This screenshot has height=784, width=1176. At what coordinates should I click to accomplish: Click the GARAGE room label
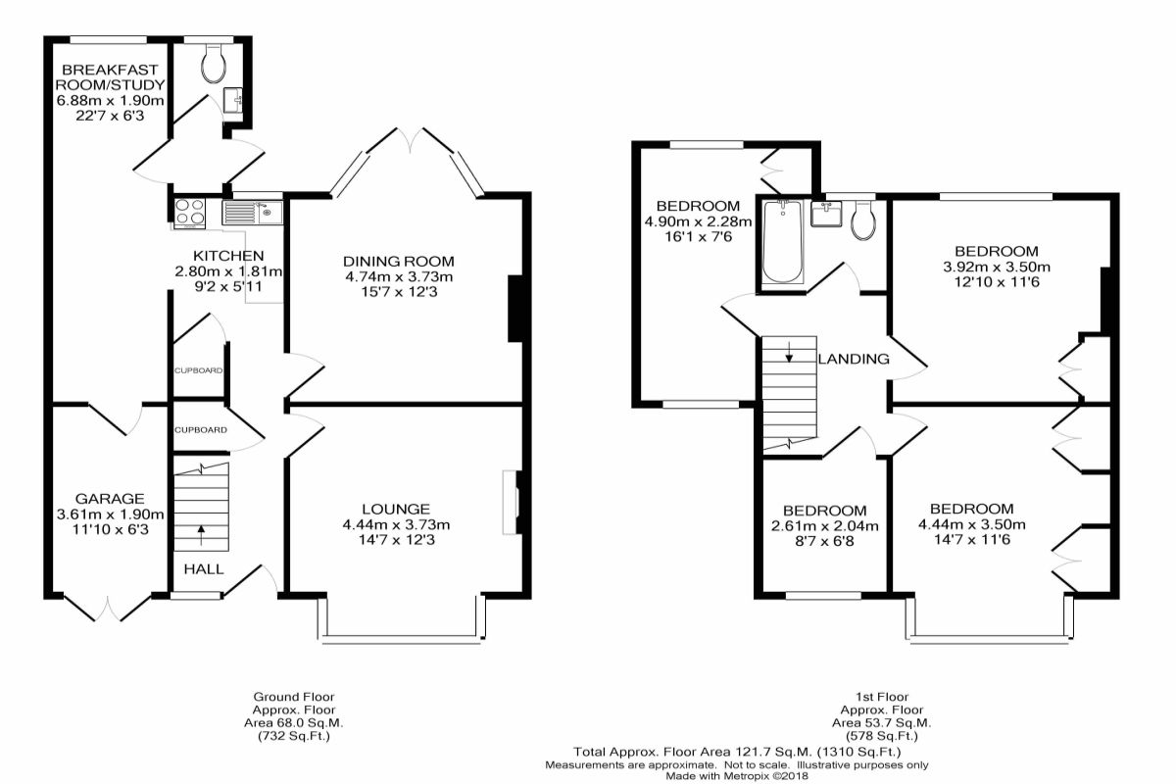pyautogui.click(x=110, y=499)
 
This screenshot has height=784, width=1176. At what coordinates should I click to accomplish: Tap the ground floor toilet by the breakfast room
pyautogui.click(x=214, y=64)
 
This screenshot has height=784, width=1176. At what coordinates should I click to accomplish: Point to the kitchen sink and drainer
pyautogui.click(x=253, y=212)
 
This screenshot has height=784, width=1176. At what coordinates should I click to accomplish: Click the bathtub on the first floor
pyautogui.click(x=782, y=241)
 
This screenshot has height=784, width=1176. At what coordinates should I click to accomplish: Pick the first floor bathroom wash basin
pyautogui.click(x=826, y=214)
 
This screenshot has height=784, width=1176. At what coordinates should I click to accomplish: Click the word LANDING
pyautogui.click(x=854, y=359)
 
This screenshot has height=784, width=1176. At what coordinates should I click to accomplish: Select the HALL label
pyautogui.click(x=204, y=568)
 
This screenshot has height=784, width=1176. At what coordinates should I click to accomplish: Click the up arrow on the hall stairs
pyautogui.click(x=201, y=535)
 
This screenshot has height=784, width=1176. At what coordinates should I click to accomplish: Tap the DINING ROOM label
pyautogui.click(x=399, y=261)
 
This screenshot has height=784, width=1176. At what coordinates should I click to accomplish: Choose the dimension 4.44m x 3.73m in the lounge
pyautogui.click(x=396, y=524)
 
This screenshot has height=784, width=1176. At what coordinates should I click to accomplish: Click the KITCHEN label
pyautogui.click(x=228, y=256)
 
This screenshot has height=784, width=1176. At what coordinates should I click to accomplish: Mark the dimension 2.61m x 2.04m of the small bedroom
pyautogui.click(x=825, y=525)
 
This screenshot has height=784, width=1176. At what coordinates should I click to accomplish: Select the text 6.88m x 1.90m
pyautogui.click(x=110, y=100)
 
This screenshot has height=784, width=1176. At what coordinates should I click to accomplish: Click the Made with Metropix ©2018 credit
pyautogui.click(x=737, y=775)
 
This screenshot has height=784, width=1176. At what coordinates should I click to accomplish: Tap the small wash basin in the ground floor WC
pyautogui.click(x=232, y=100)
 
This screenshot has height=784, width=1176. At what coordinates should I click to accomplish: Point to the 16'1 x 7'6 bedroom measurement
pyautogui.click(x=698, y=236)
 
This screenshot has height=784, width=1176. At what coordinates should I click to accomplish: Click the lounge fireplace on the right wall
pyautogui.click(x=511, y=503)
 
